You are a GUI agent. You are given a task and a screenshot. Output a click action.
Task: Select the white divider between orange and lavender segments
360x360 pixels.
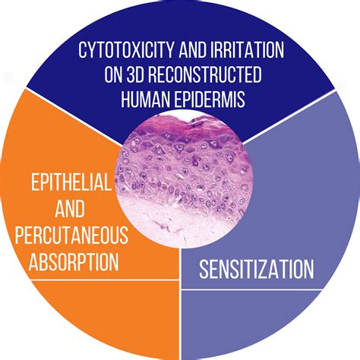coord(180,304)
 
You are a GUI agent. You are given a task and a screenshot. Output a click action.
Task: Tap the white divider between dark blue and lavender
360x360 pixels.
coord(292,114)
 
